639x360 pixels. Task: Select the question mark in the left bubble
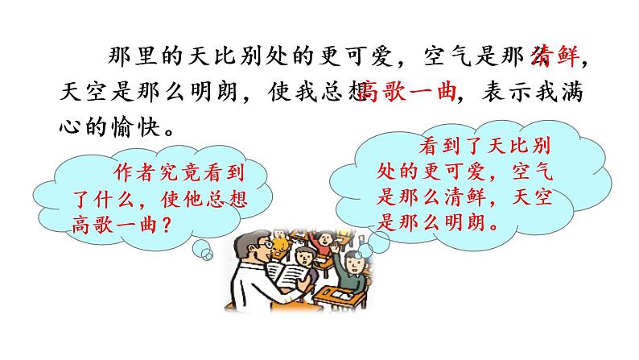click(165, 221)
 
